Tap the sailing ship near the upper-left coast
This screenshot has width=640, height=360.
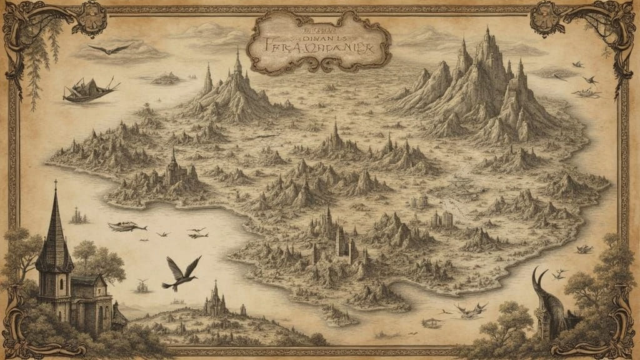pos(90,90)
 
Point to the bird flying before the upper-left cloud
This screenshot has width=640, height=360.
pos(110,48)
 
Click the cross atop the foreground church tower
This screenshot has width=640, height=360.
pos(55,184)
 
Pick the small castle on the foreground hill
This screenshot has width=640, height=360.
pos(216,301)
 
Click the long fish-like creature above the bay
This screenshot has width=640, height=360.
pos(127,226)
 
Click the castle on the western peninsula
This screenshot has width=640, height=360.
pos(174,170)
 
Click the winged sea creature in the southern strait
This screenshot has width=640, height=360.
pos(471,308)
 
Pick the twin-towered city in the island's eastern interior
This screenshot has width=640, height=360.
pos(442,219)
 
